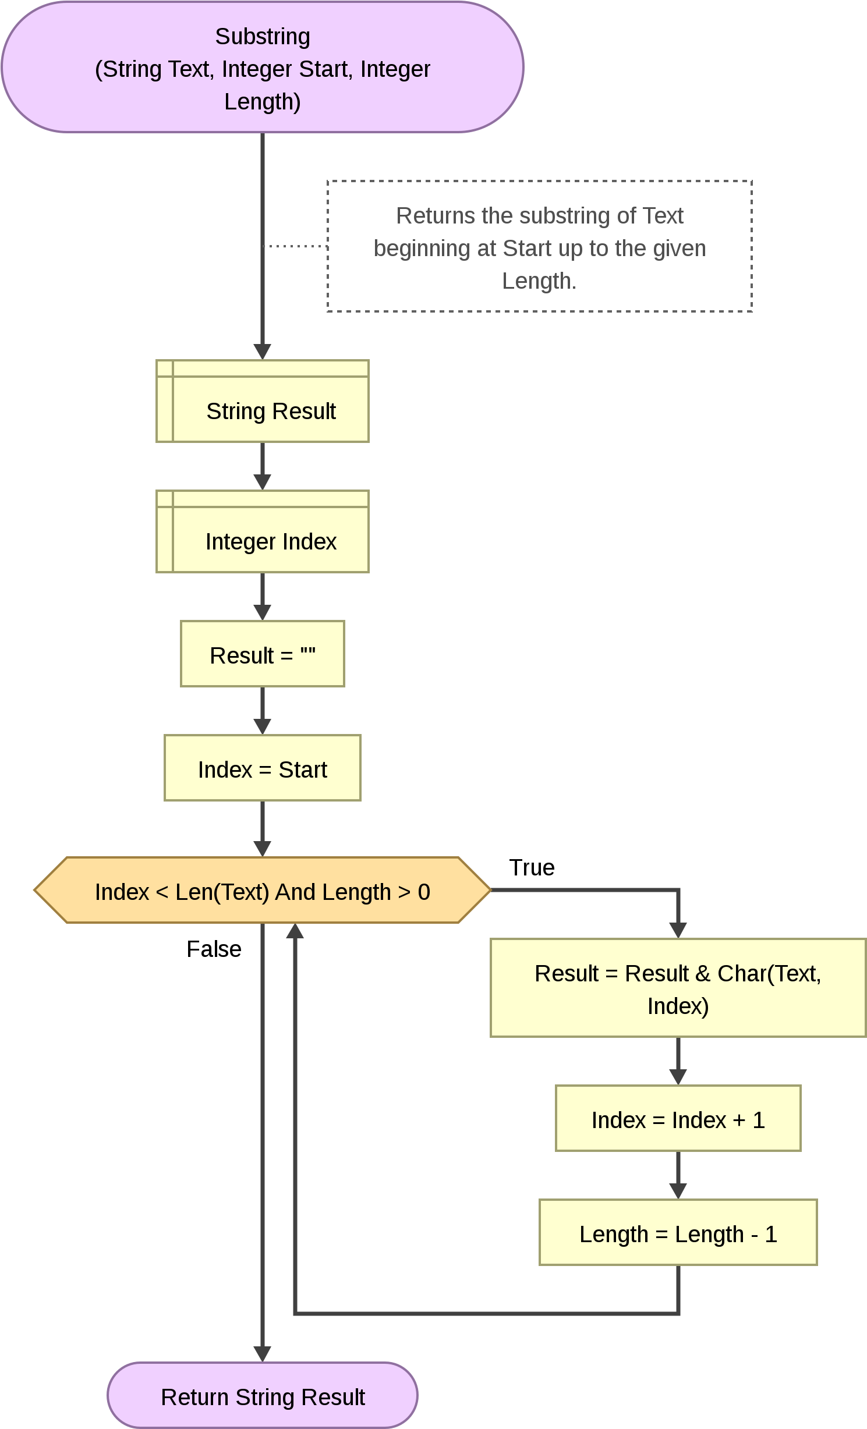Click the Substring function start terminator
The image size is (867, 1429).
(x=263, y=67)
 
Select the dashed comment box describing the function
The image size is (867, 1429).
(x=540, y=246)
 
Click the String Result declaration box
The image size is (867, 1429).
(x=263, y=401)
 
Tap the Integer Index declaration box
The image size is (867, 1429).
(x=263, y=531)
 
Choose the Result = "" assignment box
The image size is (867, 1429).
(x=263, y=654)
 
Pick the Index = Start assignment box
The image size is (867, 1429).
(x=263, y=768)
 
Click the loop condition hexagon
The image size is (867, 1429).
(x=263, y=890)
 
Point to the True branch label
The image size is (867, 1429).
(x=532, y=867)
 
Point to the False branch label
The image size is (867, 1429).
(x=214, y=949)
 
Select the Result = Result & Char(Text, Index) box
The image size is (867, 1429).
(x=678, y=988)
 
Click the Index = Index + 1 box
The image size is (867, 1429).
(x=678, y=1118)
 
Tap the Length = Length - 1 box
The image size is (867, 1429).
(x=678, y=1232)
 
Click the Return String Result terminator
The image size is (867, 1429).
(x=263, y=1395)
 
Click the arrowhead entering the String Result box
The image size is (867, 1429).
(x=263, y=352)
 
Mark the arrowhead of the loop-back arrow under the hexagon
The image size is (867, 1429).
(x=295, y=931)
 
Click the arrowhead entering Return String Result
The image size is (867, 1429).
(x=263, y=1354)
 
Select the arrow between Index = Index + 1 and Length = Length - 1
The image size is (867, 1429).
(x=678, y=1175)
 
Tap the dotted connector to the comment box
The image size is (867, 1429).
(x=295, y=246)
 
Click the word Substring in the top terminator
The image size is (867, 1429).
(x=263, y=37)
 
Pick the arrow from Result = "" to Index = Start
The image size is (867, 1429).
(x=263, y=711)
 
